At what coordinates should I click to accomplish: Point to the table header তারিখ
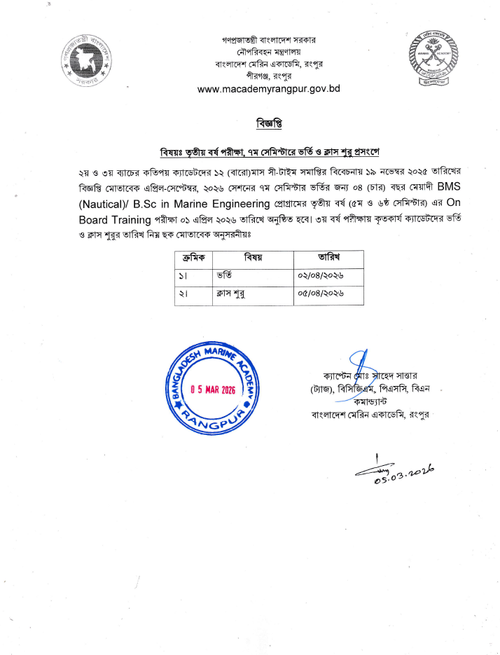pos(328,258)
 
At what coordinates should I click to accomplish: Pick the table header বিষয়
pos(251,258)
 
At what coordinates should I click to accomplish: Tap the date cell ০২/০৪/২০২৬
pos(320,276)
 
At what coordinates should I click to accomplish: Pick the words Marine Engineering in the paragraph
pos(230,204)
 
